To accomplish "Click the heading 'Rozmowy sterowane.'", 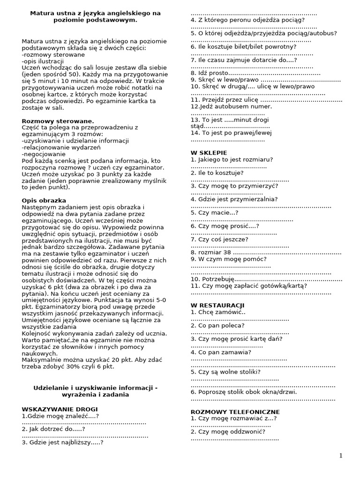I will tap(58, 121).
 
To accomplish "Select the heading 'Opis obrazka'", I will tap(44, 200).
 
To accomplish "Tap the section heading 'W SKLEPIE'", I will tap(209, 153).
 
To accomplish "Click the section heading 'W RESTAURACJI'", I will tap(217, 306).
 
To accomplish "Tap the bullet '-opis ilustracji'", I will tap(43, 61).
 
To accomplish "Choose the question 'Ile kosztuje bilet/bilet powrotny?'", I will tap(243, 47).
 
